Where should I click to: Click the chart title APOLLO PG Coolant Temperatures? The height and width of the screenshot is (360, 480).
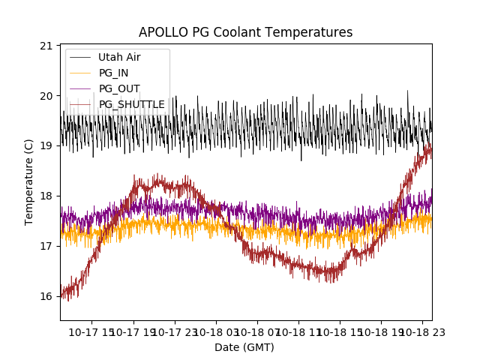tap(245, 33)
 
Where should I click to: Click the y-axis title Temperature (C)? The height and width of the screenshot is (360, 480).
tap(29, 182)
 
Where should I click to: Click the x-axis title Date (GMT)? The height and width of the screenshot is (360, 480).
tap(244, 347)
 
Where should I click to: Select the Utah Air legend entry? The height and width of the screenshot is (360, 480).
tap(119, 57)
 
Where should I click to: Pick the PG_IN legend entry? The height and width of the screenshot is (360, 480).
tap(113, 73)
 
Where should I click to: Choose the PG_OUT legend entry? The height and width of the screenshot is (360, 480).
tap(119, 88)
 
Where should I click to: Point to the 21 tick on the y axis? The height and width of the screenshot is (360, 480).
tap(46, 46)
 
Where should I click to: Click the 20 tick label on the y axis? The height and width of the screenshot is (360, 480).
tap(46, 96)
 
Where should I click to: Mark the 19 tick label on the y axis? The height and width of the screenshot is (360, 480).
tap(46, 146)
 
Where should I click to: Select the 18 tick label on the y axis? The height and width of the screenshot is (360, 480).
tap(46, 196)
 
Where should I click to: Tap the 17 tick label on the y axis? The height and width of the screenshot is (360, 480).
tap(46, 246)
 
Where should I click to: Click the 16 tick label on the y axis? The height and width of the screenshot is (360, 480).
tap(46, 296)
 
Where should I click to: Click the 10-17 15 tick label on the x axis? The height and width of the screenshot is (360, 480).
tap(93, 331)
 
